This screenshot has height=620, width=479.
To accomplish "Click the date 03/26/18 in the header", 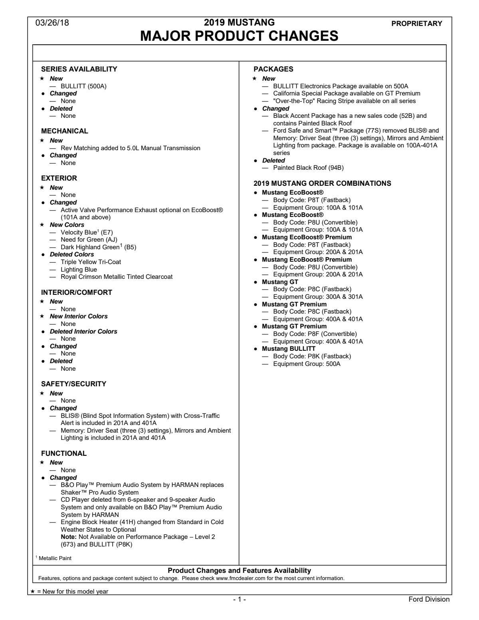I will pos(52,23).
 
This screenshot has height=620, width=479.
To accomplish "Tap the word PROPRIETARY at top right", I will pos(417,24).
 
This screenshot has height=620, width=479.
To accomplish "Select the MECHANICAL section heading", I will pos(65,131).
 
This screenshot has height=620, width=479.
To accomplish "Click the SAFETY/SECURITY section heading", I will pos(74,384).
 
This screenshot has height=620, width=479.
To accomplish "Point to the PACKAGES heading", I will pos(273,69).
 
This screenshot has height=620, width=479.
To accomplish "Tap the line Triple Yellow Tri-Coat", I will pos(91,262).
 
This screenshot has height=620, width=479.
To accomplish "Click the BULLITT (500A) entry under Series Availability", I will pos(83,86).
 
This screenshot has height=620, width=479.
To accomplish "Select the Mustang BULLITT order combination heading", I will pos(288,349).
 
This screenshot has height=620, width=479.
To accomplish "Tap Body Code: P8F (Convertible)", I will pos(315,334).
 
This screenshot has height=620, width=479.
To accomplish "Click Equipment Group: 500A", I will pos(307,364).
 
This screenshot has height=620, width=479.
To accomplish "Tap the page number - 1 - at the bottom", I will pos(239,600).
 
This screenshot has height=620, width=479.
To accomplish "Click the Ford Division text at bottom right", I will pos(429,599).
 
